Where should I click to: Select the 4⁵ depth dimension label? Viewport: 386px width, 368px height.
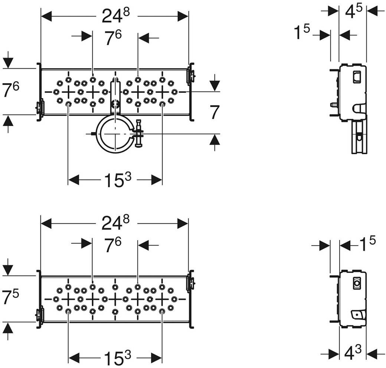pos(353,11)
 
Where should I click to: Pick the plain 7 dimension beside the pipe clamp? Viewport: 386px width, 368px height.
pos(215,112)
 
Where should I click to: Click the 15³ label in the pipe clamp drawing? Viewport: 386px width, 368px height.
pos(118,180)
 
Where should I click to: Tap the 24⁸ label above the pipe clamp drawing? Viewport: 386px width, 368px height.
pos(116,16)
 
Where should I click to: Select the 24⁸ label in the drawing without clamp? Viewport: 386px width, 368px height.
pos(116,223)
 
